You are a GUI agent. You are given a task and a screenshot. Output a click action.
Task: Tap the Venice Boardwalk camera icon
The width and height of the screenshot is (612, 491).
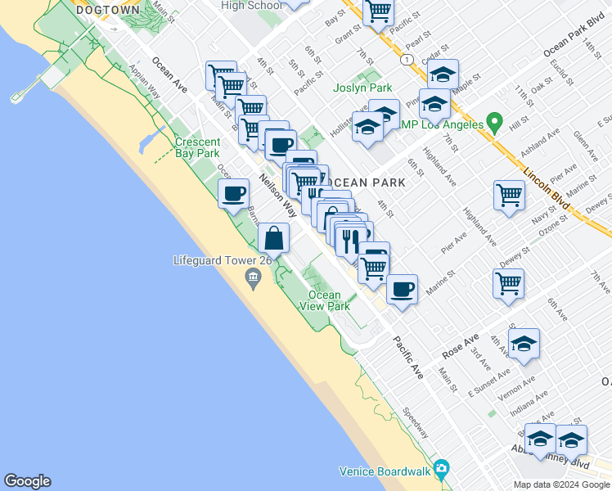442,470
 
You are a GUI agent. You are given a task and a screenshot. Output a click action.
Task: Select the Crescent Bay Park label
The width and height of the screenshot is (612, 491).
198,147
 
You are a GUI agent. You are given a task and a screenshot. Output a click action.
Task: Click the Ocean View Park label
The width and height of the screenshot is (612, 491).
325,300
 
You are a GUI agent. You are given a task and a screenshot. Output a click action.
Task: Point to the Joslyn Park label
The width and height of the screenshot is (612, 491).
362,88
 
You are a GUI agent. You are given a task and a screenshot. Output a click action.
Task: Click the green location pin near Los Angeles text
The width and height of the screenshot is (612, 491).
493,124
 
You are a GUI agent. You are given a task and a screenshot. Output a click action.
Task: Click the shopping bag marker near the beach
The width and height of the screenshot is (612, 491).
274,239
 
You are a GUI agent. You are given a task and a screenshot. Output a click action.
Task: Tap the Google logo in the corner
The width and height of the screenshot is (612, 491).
27,481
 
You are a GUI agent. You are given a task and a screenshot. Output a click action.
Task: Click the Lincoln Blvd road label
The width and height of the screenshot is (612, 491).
547,187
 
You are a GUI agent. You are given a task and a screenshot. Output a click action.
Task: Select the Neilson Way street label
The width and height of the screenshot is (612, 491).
278,194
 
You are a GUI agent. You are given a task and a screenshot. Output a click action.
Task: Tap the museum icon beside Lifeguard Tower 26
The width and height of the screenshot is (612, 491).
253,280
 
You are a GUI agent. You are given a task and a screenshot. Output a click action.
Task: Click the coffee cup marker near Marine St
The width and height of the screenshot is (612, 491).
402,289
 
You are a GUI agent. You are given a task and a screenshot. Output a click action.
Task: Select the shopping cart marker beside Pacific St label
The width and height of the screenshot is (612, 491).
378,11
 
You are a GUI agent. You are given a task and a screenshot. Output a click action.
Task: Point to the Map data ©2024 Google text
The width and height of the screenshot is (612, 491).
562,484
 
